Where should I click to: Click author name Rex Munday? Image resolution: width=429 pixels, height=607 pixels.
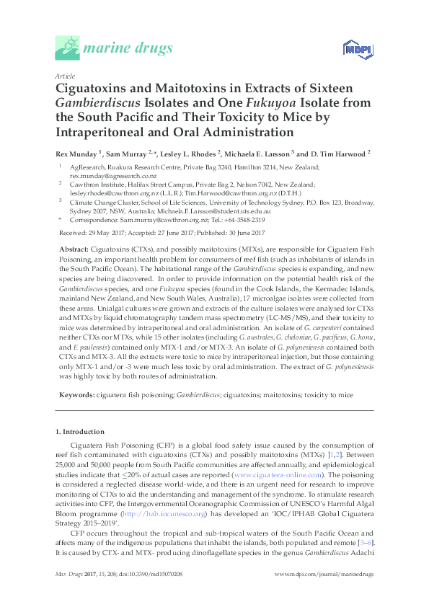pos(79,153)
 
